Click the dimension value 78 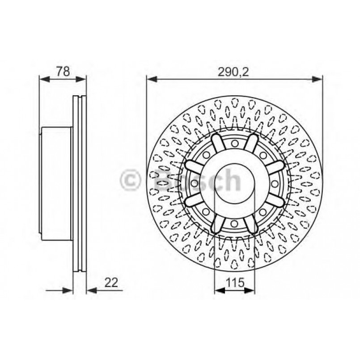pyautogui.click(x=63, y=71)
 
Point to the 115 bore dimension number pyautogui.click(x=235, y=283)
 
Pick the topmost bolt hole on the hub pyautogui.click(x=235, y=143)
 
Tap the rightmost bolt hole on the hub pyautogui.click(x=274, y=183)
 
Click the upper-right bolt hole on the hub pyautogui.click(x=263, y=155)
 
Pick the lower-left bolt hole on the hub pyautogui.click(x=206, y=211)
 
